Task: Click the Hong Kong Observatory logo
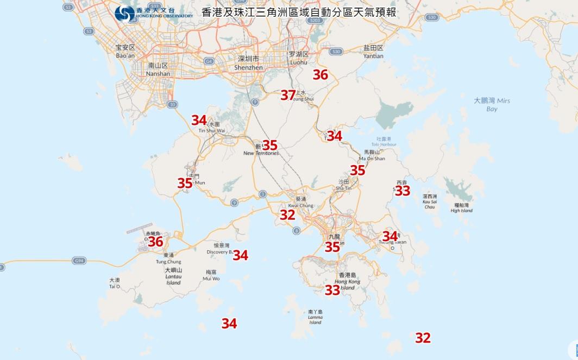(125, 14)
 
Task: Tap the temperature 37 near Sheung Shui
(288, 95)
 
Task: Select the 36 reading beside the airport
(156, 241)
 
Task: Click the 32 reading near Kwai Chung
(287, 214)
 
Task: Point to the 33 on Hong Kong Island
(332, 290)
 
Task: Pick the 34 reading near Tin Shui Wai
(199, 120)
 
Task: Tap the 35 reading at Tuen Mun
(185, 183)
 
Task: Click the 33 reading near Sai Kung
(403, 191)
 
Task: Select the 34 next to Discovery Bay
(240, 255)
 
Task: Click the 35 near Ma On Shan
(357, 170)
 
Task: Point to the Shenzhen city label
(249, 63)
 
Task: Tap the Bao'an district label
(125, 52)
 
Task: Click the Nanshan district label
(159, 70)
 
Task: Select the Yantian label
(374, 52)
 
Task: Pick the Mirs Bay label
(492, 104)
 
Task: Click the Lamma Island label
(315, 317)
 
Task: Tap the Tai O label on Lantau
(114, 283)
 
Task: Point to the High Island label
(462, 208)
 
